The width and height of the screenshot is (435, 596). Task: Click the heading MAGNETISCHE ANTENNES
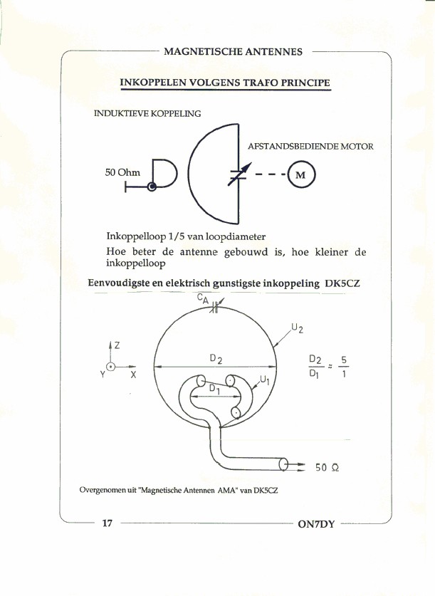(x=233, y=51)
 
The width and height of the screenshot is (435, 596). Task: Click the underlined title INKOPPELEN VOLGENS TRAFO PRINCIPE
(x=225, y=83)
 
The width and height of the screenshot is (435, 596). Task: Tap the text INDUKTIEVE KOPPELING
(x=147, y=113)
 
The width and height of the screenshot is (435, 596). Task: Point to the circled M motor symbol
(x=299, y=175)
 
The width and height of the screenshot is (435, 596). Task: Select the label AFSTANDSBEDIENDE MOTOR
(x=310, y=147)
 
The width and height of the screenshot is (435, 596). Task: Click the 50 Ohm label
(x=123, y=172)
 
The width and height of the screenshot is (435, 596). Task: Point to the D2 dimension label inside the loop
(x=217, y=360)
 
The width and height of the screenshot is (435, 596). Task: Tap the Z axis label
(x=117, y=345)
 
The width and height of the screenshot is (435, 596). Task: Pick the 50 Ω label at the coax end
(x=326, y=468)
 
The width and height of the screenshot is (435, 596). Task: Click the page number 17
(x=108, y=524)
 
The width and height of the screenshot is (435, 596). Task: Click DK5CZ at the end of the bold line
(x=342, y=283)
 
